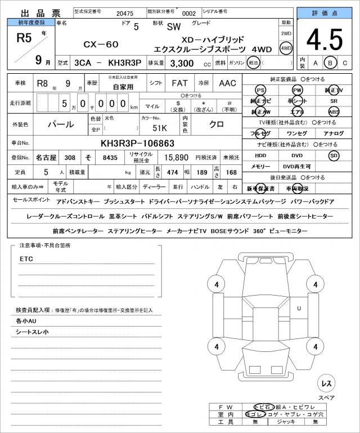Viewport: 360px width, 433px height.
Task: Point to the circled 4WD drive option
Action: (286, 48)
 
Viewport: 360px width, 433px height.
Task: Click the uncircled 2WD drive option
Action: (286, 34)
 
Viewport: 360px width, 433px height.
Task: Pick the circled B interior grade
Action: (331, 63)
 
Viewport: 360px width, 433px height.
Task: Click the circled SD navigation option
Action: (334, 155)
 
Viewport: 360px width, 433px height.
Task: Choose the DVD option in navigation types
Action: (296, 155)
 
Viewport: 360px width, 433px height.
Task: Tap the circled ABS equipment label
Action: (334, 111)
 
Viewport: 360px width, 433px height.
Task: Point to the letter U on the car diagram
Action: (299, 307)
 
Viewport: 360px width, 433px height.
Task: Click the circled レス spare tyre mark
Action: (325, 383)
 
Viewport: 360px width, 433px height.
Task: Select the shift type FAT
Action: (180, 83)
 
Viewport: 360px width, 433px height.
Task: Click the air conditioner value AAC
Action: (227, 83)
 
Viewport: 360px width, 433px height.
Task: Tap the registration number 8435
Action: (110, 158)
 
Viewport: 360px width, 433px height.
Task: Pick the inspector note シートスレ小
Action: (32, 332)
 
